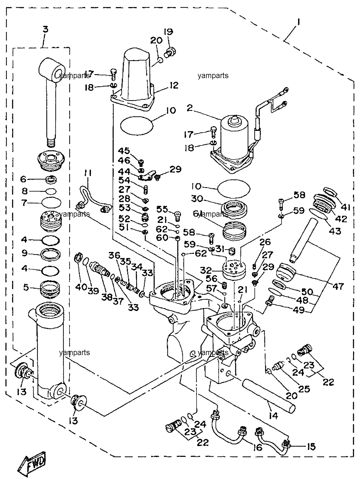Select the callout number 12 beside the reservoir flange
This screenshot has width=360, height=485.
174,85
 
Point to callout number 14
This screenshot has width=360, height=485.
273,415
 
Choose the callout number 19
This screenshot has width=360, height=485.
168,32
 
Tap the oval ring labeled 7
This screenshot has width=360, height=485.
51,203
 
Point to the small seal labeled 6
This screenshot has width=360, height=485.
51,179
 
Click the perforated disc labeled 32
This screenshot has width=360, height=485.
234,269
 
